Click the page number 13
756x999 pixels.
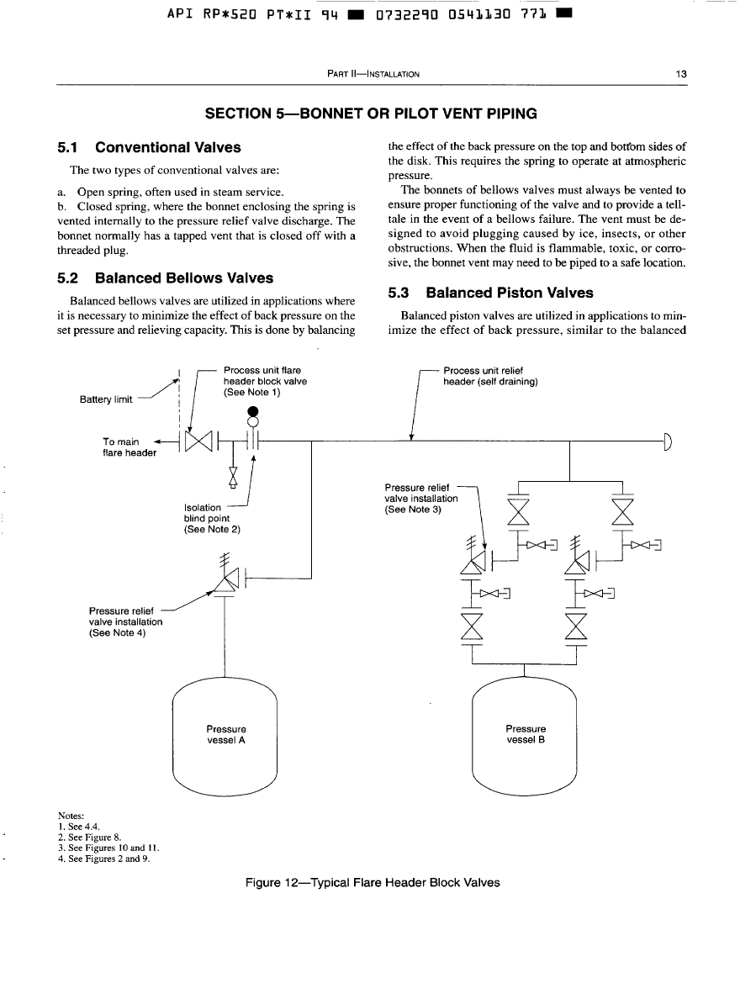(682, 74)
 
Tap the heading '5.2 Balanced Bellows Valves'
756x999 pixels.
(165, 277)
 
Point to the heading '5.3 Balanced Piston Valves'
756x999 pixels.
(490, 293)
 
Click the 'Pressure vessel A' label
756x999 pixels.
(226, 734)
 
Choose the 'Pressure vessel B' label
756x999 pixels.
(526, 734)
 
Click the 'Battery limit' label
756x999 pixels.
(106, 399)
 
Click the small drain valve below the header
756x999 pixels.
(234, 476)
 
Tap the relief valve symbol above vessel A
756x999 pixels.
(225, 581)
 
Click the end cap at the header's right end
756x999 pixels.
(668, 440)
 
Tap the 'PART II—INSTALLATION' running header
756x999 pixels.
(372, 74)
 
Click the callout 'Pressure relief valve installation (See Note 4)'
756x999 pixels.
(125, 621)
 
